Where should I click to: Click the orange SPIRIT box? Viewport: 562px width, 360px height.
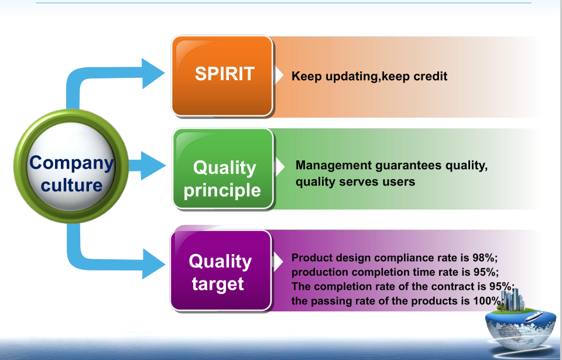222,76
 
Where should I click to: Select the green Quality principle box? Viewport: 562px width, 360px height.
223,169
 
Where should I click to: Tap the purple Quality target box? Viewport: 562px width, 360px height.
221,270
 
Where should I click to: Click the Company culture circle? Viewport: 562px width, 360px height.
71,166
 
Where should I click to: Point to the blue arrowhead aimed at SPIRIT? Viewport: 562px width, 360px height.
153,73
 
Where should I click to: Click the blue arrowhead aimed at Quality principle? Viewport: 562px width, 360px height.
153,165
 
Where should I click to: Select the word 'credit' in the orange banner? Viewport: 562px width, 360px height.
430,76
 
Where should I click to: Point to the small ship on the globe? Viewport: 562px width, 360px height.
534,316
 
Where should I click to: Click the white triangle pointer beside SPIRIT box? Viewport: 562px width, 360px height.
279,76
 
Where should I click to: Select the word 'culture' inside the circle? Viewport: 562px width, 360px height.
71,186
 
